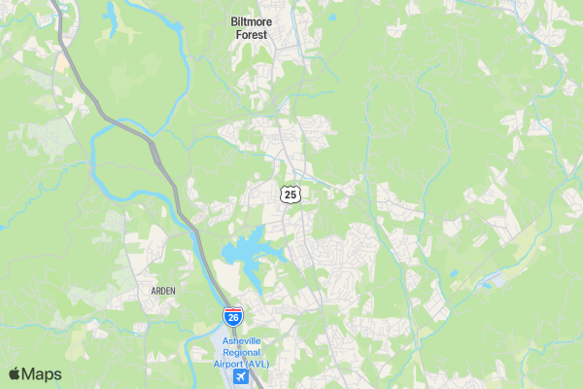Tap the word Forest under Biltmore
coord(252,34)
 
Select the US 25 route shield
coord(291,194)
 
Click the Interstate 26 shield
coord(233,316)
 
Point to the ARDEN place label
coord(163,291)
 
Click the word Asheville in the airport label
coord(242,340)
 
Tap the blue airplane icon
coord(240,377)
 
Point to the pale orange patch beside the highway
coord(62,64)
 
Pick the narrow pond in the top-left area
coord(112,18)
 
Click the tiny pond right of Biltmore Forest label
coord(331,18)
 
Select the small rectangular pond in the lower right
coord(453,274)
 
